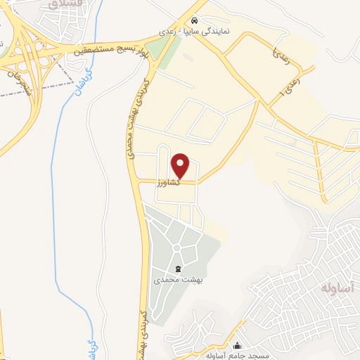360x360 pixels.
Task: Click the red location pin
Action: (x=181, y=165)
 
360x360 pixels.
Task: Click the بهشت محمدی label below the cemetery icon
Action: (x=177, y=280)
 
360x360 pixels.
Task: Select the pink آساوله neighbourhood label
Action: (x=336, y=289)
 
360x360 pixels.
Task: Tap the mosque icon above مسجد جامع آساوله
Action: (x=237, y=345)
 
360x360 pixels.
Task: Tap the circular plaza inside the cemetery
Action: (x=176, y=247)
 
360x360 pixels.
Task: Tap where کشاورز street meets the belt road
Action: (x=138, y=181)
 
